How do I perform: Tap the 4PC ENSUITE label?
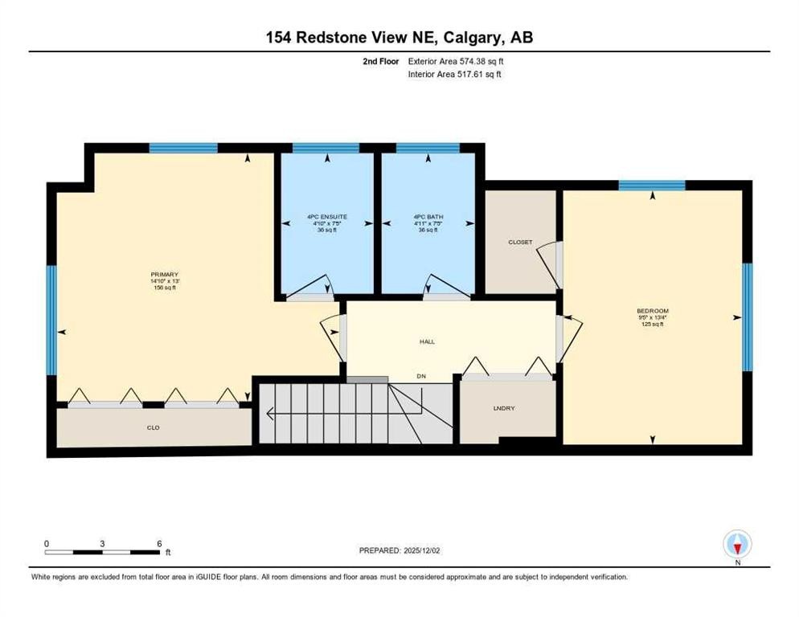point(326,217)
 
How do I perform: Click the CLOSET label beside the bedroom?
point(520,242)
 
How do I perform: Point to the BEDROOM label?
point(652,311)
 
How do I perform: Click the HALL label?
point(427,341)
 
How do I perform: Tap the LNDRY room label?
point(504,409)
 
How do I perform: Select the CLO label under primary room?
point(153,427)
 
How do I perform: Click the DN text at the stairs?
point(420,376)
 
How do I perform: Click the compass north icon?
point(737,544)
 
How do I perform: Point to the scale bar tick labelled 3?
point(102,543)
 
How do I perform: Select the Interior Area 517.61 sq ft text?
point(456,74)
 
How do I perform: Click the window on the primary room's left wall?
point(51,320)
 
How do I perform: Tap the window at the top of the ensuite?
point(326,148)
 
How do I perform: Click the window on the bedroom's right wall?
point(747,317)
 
